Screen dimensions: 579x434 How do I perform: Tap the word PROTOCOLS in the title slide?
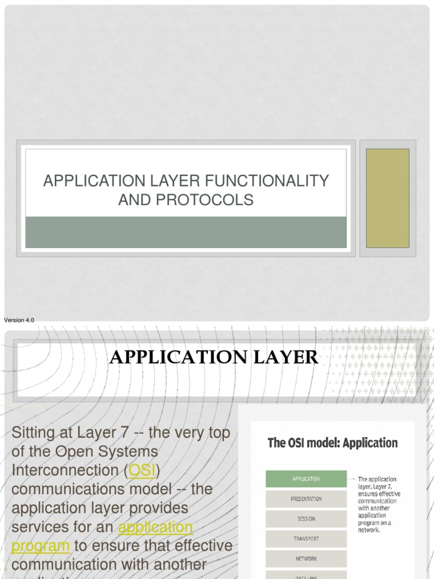point(217,200)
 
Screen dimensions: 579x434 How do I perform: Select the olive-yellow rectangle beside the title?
point(388,198)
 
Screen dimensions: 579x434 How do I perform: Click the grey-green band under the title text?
point(186,232)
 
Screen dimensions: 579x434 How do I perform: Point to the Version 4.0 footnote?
point(19,320)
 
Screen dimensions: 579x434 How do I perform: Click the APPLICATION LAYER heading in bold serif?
point(214,357)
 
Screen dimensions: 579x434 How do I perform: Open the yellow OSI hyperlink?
point(142,470)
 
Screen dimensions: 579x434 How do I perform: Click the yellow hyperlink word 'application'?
point(155,527)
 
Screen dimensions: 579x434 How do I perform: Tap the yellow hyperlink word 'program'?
point(41,546)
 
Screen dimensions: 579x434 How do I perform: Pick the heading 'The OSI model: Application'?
point(332,443)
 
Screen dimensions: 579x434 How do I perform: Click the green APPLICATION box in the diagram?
point(306,479)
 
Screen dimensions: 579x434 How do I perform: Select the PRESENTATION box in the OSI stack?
point(306,499)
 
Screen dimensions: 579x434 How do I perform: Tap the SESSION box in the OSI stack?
point(306,518)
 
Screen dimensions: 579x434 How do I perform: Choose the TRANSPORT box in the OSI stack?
point(306,539)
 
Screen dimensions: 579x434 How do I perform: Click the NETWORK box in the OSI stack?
point(306,559)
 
